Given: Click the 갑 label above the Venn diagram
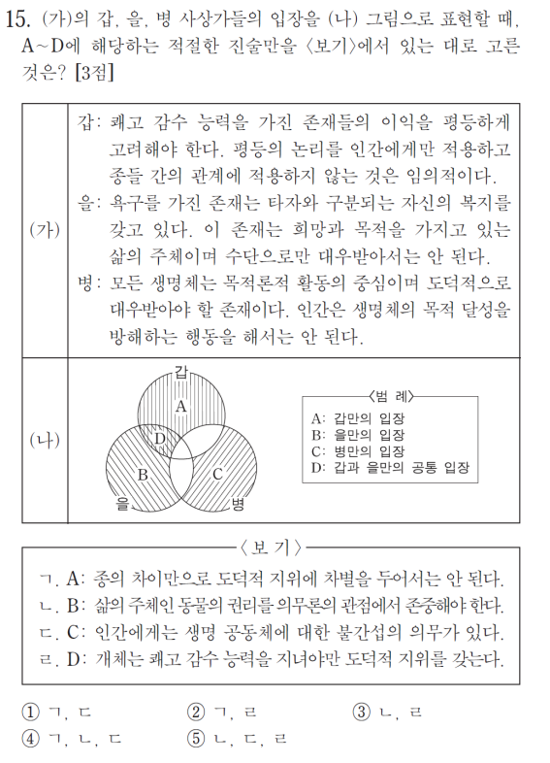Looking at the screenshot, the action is point(182,368).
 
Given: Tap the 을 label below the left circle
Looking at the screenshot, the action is point(123,504).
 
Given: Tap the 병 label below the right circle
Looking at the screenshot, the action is point(239,504).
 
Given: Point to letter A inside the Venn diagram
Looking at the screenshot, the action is point(181,407).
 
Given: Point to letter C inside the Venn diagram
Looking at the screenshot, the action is point(217,475).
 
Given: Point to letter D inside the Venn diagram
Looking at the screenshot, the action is point(161,438).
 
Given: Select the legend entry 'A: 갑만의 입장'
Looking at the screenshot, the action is point(358,417).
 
